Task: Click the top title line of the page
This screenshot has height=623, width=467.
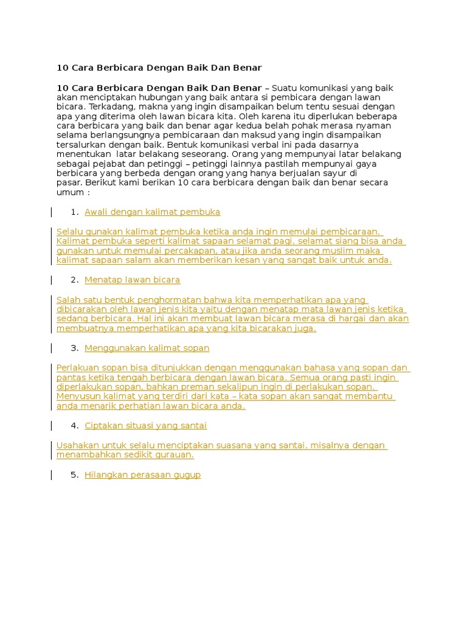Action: click(159, 67)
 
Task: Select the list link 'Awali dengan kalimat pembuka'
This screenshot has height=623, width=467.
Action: click(152, 212)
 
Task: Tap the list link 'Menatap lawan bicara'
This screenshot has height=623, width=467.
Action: click(132, 280)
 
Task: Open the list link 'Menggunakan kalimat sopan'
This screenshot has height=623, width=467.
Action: click(147, 348)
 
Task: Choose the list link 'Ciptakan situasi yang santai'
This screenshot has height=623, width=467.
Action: click(145, 425)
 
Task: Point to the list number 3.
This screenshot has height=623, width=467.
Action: click(75, 348)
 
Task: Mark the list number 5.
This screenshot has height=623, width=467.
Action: click(75, 475)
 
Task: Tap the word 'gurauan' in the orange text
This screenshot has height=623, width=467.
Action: click(173, 454)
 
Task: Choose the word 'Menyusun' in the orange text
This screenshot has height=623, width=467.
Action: click(75, 397)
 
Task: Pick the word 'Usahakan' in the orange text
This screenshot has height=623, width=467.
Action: click(76, 445)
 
